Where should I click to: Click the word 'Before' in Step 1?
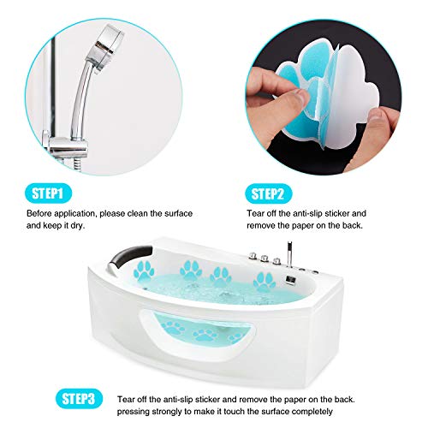41,212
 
